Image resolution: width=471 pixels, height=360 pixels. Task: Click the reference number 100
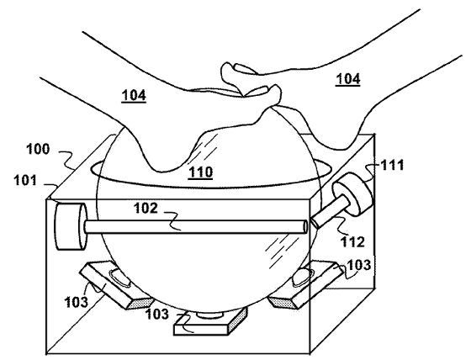coord(38,149)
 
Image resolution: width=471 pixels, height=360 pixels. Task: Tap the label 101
coord(25,181)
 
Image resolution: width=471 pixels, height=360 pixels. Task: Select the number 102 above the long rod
coord(146,209)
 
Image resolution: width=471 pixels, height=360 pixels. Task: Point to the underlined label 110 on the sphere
coord(201,172)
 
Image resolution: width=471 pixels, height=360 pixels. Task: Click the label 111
coord(392,165)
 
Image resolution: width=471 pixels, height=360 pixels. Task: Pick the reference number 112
coord(352,241)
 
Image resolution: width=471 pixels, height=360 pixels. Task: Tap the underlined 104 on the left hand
coord(134,95)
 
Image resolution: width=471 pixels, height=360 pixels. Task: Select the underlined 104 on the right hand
coord(348,79)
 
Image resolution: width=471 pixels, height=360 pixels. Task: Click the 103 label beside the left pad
coord(77,301)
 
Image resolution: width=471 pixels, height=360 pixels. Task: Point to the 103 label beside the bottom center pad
coord(157,314)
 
